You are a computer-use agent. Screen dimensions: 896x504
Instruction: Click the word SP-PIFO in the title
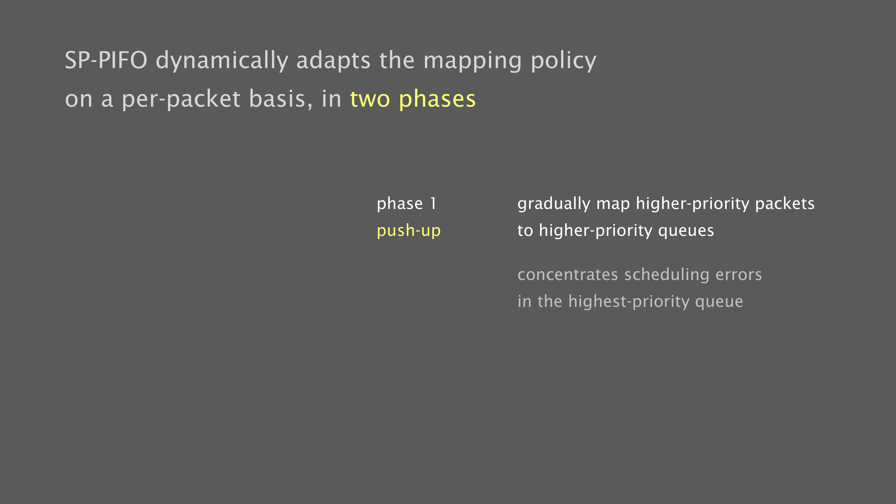[106, 60]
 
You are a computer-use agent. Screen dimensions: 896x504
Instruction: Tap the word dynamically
[222, 61]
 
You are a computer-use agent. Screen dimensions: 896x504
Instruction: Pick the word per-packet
[181, 100]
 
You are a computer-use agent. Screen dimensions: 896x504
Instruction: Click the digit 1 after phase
[433, 203]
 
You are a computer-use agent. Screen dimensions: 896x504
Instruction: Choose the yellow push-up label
[409, 231]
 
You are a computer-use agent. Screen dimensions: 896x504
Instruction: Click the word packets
[785, 204]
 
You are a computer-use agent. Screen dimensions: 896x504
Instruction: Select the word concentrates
[568, 275]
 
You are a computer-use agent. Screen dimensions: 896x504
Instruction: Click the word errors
[739, 275]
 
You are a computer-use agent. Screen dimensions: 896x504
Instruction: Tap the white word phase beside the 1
[400, 204]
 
